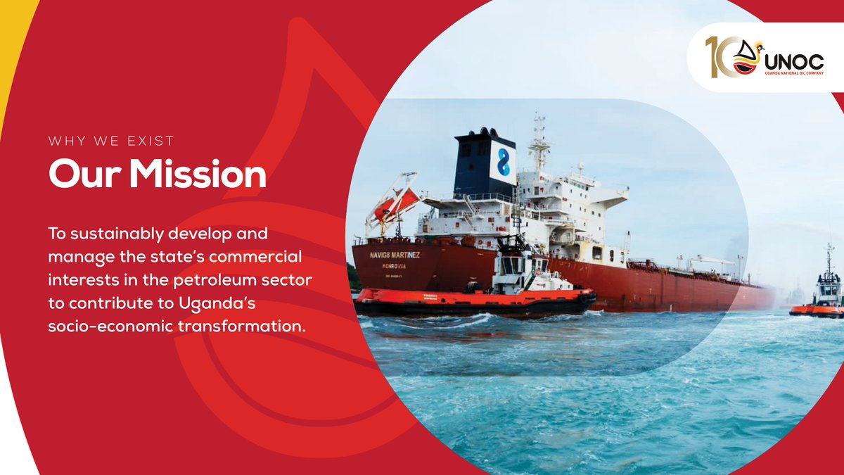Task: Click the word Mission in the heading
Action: (x=198, y=174)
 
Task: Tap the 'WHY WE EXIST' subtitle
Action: (x=111, y=141)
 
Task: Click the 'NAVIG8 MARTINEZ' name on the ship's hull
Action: (x=395, y=255)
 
